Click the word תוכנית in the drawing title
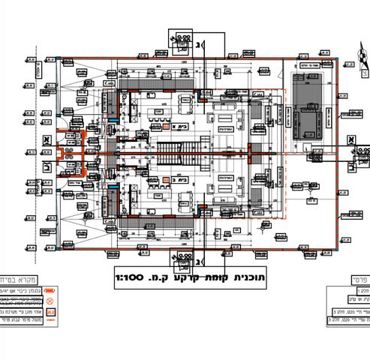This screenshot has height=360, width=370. (243, 277)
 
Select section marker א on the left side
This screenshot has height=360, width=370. (46, 139)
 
